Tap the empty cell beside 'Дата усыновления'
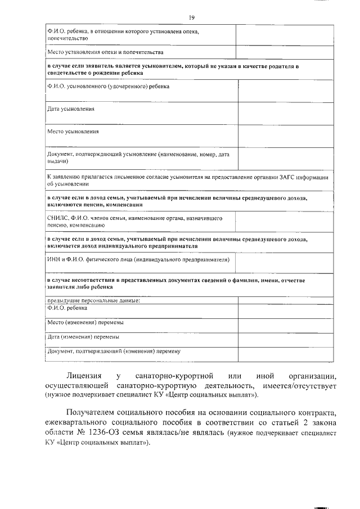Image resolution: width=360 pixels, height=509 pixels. pyautogui.click(x=285, y=113)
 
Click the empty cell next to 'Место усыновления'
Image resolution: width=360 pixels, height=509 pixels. pyautogui.click(x=285, y=136)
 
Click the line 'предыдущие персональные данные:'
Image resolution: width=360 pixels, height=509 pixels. pyautogui.click(x=93, y=301)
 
